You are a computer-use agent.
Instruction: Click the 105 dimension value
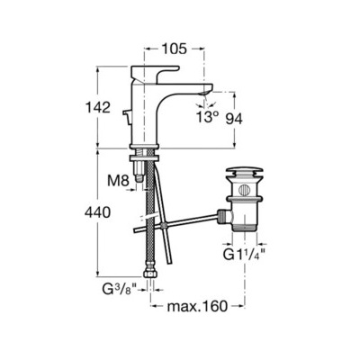(175, 49)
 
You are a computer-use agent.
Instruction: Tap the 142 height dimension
(98, 107)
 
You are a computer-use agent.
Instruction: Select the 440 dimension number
(97, 212)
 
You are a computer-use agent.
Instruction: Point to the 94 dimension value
(234, 120)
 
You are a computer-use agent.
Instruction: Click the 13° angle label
(208, 117)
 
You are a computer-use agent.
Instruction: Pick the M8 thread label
(118, 181)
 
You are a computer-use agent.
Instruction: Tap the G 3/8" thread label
(120, 290)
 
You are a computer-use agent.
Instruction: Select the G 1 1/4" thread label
(245, 255)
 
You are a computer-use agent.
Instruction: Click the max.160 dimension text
(197, 306)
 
